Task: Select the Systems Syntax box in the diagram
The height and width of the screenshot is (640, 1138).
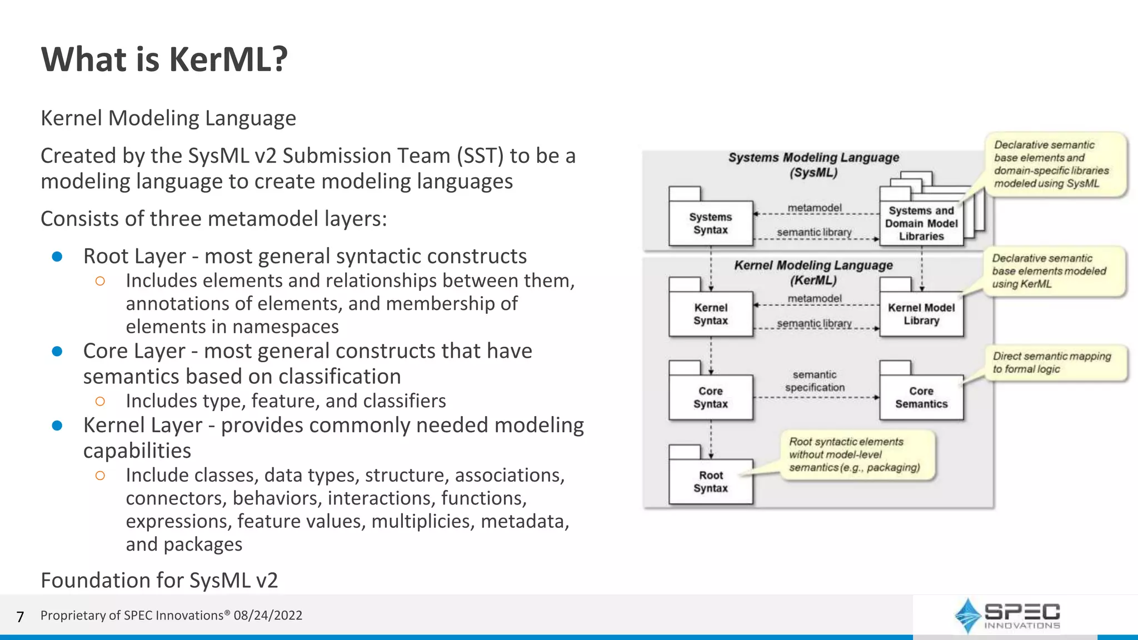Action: [711, 223]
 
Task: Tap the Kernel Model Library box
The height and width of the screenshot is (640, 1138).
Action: [921, 314]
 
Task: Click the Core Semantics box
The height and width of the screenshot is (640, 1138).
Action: [921, 398]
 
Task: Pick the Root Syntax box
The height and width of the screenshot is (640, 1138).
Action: [711, 482]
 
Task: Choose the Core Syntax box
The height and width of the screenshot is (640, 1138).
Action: [711, 398]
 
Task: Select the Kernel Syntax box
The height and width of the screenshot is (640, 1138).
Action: [711, 314]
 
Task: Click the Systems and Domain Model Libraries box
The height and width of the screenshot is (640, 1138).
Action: [921, 223]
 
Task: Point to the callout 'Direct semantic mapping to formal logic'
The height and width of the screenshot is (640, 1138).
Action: [1052, 363]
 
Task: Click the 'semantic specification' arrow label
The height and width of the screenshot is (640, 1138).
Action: [815, 381]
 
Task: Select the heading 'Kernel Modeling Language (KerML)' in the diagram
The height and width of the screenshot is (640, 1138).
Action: [813, 272]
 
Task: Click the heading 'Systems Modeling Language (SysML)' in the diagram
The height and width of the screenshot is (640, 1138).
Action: [813, 164]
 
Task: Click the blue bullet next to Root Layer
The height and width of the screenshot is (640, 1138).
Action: [57, 257]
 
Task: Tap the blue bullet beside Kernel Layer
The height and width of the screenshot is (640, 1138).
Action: [57, 426]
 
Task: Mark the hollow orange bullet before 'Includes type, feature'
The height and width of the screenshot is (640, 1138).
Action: [100, 401]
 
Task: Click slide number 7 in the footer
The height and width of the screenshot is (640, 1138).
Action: [21, 617]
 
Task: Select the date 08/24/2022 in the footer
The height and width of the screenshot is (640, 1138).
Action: [268, 616]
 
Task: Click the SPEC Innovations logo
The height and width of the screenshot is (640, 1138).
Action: [1007, 616]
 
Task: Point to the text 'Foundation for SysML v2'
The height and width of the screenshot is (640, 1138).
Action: [159, 580]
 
